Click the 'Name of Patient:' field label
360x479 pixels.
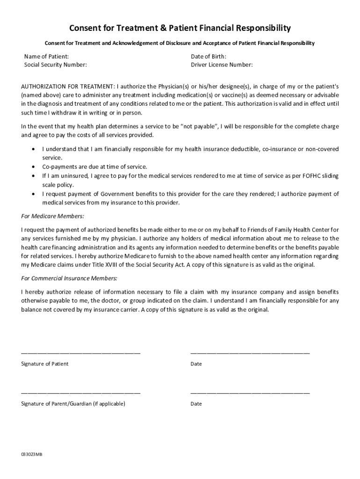[x=46, y=57]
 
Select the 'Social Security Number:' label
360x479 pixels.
[x=55, y=65]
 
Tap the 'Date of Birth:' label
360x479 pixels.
[x=209, y=57]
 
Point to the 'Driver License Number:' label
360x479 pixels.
[x=222, y=65]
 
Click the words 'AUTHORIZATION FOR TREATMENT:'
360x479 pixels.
[x=68, y=87]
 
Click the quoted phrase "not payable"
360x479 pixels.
[x=200, y=126]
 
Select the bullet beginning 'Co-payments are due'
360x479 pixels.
[x=94, y=167]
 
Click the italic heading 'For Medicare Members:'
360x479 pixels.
[x=53, y=216]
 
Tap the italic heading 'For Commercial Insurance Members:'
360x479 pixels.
[x=69, y=278]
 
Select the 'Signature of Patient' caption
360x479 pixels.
[x=44, y=363]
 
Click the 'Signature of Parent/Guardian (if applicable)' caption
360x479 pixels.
[x=73, y=403]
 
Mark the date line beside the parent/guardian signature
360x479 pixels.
[x=250, y=392]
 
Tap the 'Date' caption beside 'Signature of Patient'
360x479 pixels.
[x=196, y=363]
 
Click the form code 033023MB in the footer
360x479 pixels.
[x=31, y=455]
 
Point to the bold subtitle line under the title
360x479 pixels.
[x=180, y=43]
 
